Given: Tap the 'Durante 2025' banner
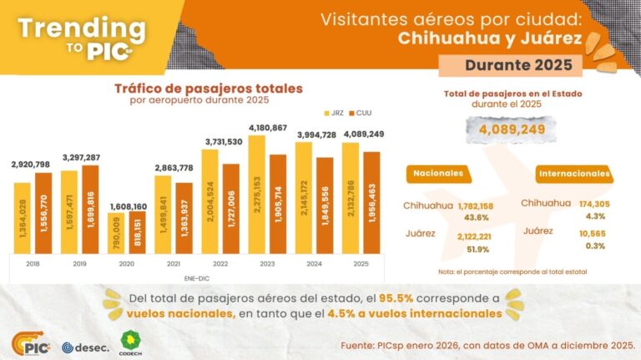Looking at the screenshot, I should (505, 64).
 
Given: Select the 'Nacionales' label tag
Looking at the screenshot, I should (437, 174).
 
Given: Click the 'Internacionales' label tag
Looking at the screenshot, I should (573, 174).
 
